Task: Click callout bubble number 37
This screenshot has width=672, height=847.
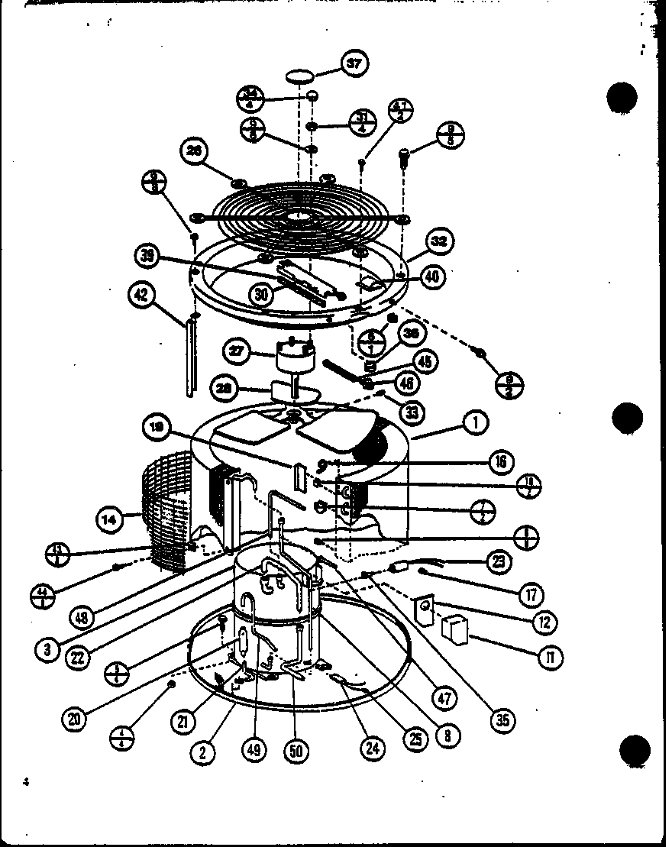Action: click(354, 64)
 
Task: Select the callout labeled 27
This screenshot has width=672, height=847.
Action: click(238, 352)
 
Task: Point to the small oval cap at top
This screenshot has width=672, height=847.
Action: click(300, 76)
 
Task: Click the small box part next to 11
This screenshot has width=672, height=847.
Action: click(455, 630)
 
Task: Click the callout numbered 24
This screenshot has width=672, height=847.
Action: click(372, 748)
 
